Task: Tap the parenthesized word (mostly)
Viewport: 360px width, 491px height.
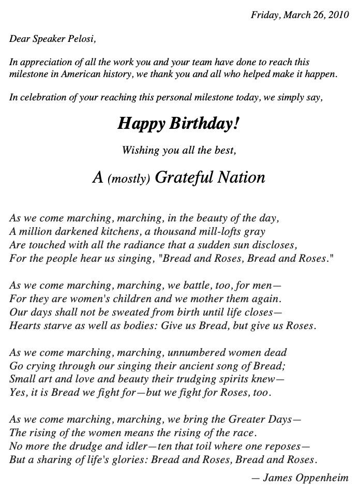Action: [x=129, y=179]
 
